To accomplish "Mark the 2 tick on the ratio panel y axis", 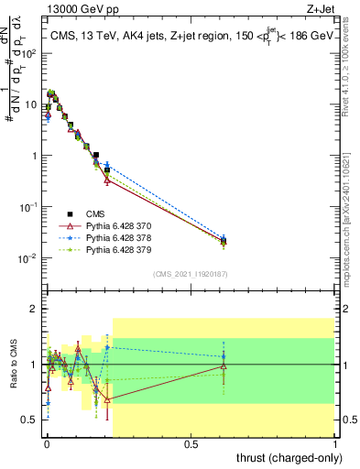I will click(33, 309).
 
